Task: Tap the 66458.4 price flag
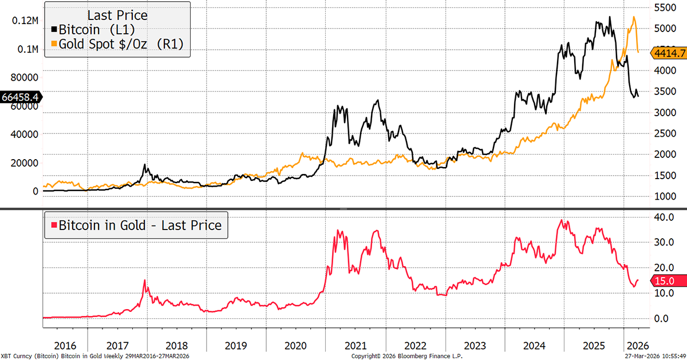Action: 20,97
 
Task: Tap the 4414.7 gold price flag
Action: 669,53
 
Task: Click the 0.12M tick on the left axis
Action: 25,21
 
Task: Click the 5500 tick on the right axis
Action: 665,8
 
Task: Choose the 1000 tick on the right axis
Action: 665,196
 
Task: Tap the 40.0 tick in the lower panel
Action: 664,217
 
